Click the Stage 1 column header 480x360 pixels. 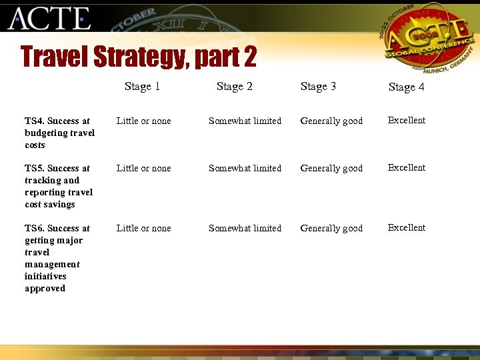142,87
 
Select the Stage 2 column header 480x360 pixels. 234,87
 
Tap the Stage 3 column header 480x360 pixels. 318,87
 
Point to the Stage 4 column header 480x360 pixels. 406,87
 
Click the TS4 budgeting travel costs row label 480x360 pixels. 59,133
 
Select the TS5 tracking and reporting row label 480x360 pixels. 59,186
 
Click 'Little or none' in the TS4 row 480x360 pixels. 143,121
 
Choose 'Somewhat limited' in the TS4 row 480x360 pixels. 245,121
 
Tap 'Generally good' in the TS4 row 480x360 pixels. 331,121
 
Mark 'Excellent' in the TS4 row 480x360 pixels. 406,121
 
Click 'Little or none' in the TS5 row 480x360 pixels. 143,169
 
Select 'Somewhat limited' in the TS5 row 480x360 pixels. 245,169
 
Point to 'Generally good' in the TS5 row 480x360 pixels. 331,169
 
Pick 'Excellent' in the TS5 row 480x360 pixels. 406,168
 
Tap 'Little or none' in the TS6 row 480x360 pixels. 143,229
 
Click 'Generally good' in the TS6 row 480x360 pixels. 331,229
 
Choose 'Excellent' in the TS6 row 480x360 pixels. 406,228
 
